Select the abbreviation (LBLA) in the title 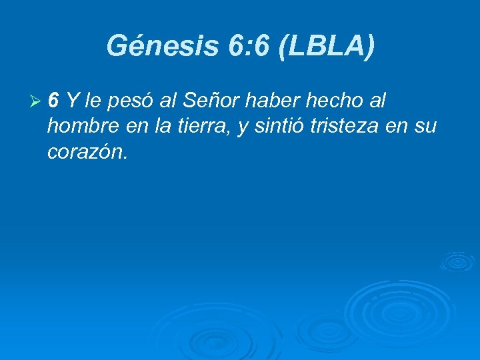[x=327, y=46]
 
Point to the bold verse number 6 [x=53, y=101]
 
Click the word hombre [x=83, y=127]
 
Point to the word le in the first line [x=93, y=101]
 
